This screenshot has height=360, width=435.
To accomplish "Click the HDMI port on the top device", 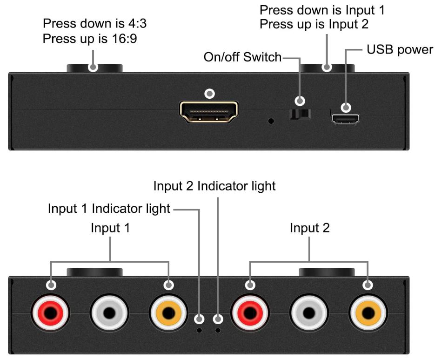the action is pyautogui.click(x=209, y=112).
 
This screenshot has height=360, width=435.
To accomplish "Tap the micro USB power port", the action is pyautogui.click(x=345, y=119).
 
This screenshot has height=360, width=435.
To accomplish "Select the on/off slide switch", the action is pyautogui.click(x=300, y=114).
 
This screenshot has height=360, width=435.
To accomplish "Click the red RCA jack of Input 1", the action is pyautogui.click(x=51, y=313).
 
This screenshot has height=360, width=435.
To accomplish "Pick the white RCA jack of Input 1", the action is pyautogui.click(x=109, y=313).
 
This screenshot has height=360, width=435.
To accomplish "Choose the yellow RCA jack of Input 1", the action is pyautogui.click(x=168, y=313).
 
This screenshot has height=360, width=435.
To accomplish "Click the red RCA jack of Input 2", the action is pyautogui.click(x=250, y=313).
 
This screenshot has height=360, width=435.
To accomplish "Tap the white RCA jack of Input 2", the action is pyautogui.click(x=309, y=313).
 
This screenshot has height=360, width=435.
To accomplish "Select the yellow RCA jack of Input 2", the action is pyautogui.click(x=368, y=313).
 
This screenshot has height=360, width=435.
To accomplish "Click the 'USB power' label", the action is pyautogui.click(x=400, y=50).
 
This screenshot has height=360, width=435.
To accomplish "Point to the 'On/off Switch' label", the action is pyautogui.click(x=242, y=57).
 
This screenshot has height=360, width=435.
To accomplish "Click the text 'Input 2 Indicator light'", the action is pyautogui.click(x=214, y=186).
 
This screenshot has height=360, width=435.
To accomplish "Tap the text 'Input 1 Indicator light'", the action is pyautogui.click(x=109, y=209).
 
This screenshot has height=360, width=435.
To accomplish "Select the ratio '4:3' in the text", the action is pyautogui.click(x=137, y=23).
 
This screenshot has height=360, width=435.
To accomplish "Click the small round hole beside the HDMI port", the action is pyautogui.click(x=271, y=121).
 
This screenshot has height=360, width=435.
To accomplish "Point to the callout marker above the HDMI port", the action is pyautogui.click(x=209, y=94).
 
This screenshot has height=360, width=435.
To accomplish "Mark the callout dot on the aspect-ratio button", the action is pyautogui.click(x=93, y=67).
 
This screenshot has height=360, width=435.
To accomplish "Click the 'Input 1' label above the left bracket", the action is pyautogui.click(x=110, y=228).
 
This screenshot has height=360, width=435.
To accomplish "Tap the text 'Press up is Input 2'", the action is pyautogui.click(x=314, y=24).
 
